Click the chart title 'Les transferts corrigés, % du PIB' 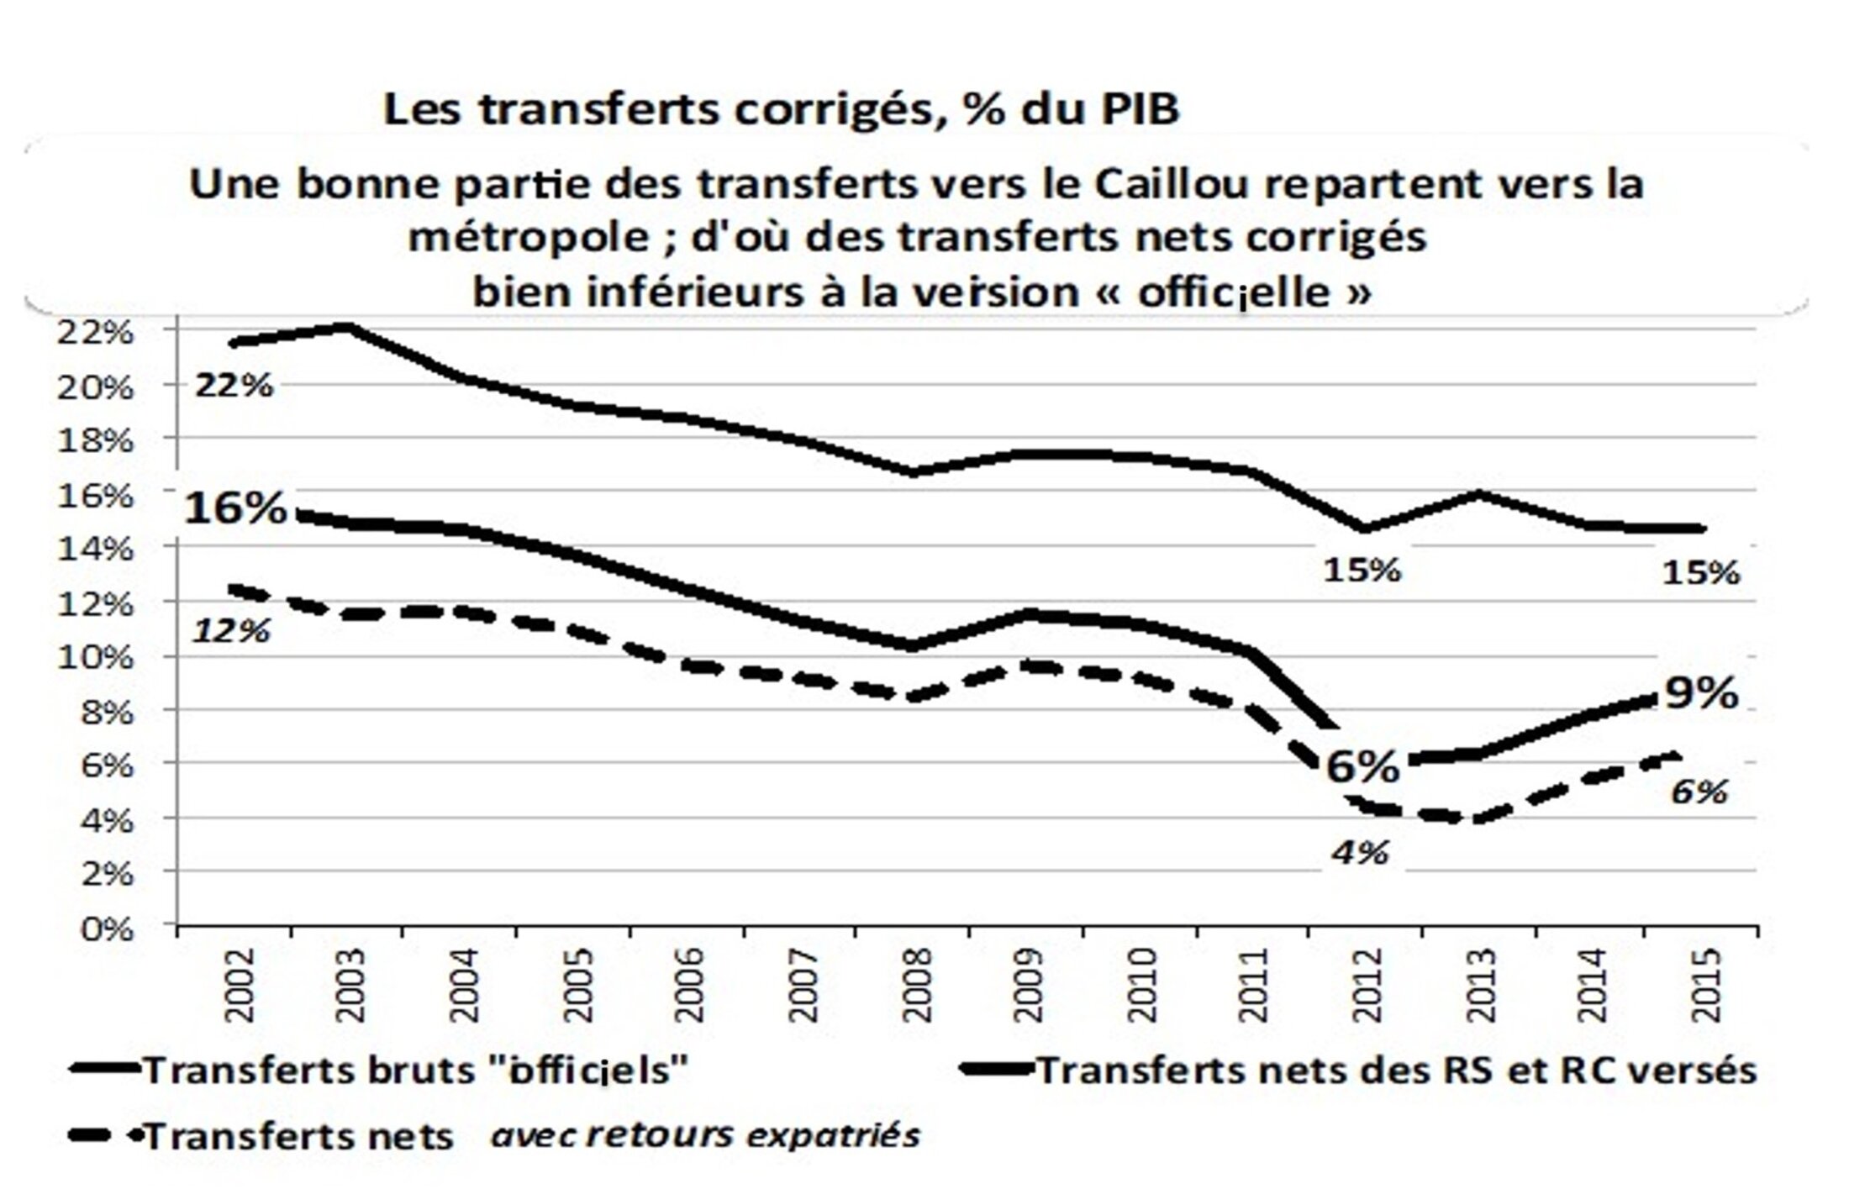[781, 111]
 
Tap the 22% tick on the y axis [94, 333]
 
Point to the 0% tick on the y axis [106, 929]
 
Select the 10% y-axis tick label [94, 657]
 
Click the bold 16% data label [235, 508]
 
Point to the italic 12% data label [232, 629]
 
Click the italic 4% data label [1359, 853]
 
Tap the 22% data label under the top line [234, 386]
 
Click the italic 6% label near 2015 [1699, 792]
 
